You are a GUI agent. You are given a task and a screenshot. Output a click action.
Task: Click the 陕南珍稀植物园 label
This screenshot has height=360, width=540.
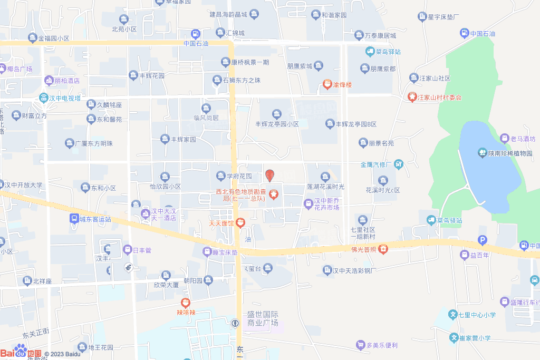[509, 153]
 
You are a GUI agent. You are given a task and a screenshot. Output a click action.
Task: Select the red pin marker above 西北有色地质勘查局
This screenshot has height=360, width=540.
[269, 176]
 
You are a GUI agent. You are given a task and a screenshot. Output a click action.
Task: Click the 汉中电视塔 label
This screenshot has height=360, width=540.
[64, 98]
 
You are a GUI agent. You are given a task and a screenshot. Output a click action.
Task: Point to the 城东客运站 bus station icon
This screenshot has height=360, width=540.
[74, 218]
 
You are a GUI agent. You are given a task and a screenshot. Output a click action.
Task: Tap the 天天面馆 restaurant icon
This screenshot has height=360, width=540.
[240, 223]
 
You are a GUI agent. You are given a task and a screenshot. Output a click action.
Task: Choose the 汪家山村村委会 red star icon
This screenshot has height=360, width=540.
[411, 97]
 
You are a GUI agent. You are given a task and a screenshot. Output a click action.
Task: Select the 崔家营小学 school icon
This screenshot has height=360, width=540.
[454, 337]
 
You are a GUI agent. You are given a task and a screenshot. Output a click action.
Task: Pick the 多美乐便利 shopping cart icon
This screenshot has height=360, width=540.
[360, 345]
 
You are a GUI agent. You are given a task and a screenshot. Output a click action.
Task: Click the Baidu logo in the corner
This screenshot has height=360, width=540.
[21, 352]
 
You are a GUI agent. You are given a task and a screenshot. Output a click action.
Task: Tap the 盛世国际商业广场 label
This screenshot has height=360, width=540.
[263, 318]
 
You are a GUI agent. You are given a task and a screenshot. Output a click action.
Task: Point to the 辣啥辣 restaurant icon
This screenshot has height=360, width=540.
[185, 303]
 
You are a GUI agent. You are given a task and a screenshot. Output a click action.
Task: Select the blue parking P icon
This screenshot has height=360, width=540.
[482, 240]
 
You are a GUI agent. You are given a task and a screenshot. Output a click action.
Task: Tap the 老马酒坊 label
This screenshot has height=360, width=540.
[522, 139]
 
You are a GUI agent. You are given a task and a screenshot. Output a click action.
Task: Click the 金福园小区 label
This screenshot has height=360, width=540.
[53, 38]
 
